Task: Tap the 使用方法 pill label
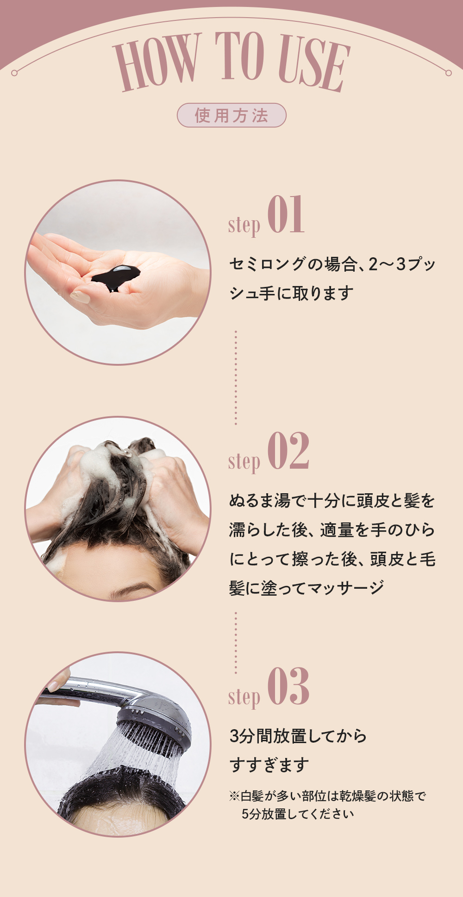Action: tap(231, 115)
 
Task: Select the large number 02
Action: tap(288, 451)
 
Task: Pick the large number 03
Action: tap(288, 686)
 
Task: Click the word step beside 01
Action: tap(244, 225)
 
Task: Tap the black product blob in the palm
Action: tap(116, 277)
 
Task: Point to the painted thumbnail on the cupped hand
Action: tap(80, 296)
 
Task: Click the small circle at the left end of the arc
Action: tap(14, 73)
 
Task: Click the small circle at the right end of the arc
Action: tap(448, 73)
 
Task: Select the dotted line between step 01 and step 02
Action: tap(236, 378)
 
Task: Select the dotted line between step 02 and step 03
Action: tap(236, 643)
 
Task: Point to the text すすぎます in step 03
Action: tap(269, 765)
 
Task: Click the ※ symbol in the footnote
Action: tap(235, 796)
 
